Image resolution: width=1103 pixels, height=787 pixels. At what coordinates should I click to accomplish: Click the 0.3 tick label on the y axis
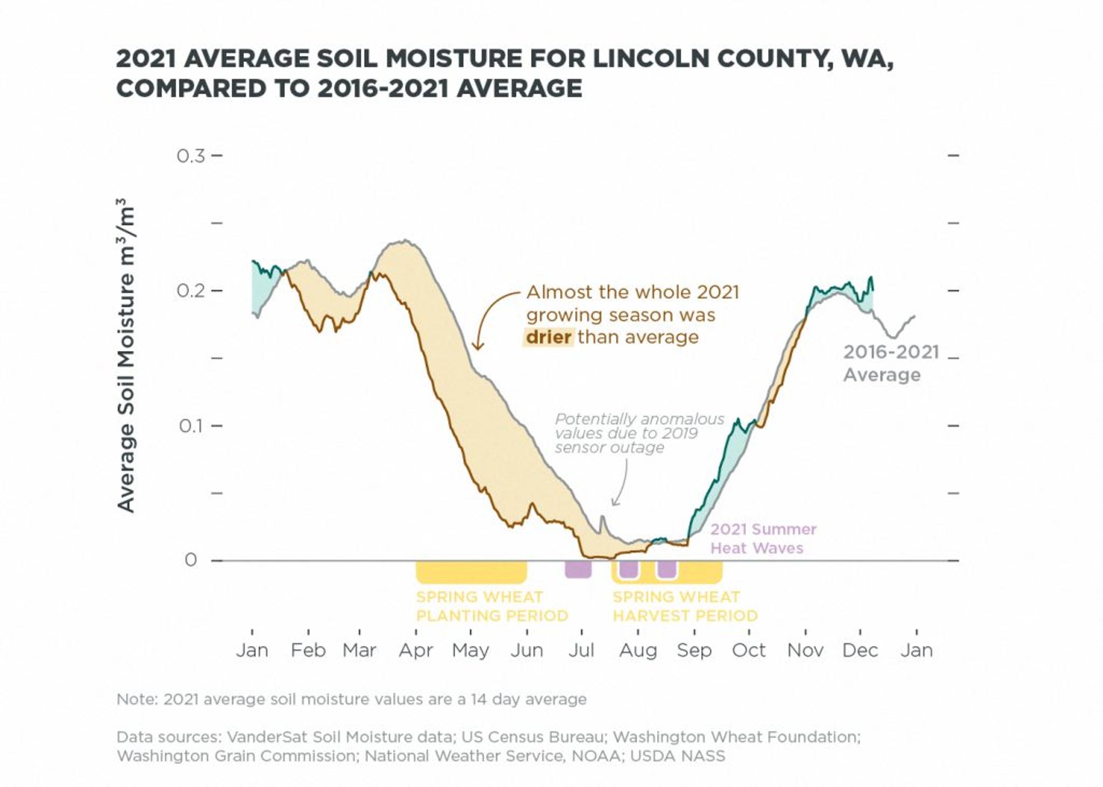click(x=191, y=156)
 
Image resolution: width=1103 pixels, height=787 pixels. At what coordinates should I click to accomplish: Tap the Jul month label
click(x=581, y=650)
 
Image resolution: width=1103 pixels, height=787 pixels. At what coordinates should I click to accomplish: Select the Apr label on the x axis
click(x=415, y=650)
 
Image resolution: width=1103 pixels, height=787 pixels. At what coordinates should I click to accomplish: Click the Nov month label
click(x=805, y=650)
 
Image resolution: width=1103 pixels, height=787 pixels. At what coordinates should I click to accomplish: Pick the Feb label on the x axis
click(x=308, y=650)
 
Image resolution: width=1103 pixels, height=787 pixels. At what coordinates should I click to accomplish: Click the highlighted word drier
click(x=548, y=338)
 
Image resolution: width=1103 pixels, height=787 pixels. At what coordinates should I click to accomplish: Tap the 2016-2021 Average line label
click(x=890, y=363)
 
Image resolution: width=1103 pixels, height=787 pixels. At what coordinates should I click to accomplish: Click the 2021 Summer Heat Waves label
click(x=763, y=539)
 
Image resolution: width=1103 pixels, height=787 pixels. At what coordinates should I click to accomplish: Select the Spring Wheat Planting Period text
click(x=491, y=606)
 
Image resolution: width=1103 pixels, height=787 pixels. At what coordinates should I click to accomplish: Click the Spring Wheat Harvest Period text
click(x=685, y=606)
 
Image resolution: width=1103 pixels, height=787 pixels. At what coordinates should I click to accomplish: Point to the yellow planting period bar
click(x=471, y=572)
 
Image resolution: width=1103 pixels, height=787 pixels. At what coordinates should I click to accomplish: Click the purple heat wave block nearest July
click(x=578, y=569)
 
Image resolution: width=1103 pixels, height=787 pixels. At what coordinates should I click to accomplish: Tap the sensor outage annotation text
click(x=639, y=433)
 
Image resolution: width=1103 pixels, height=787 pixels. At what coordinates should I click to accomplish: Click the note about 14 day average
click(x=351, y=699)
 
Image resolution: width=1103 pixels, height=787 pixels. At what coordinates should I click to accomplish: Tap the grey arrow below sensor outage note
click(x=621, y=484)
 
